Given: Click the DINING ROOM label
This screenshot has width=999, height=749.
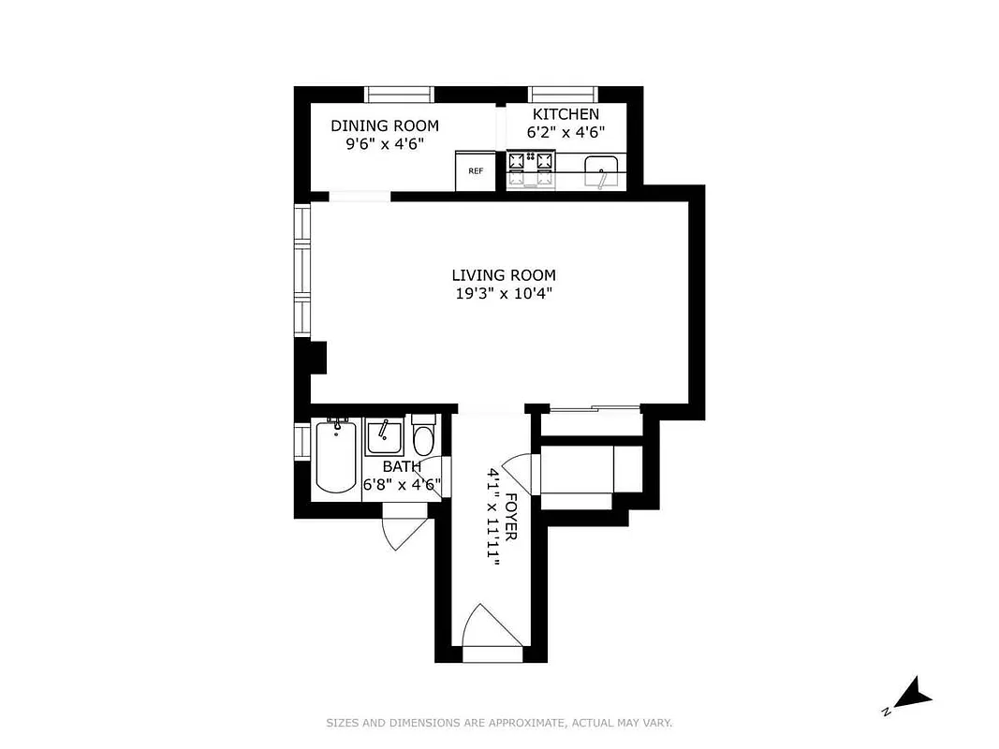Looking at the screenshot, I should (x=384, y=126).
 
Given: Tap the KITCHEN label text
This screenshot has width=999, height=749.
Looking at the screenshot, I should (x=566, y=114).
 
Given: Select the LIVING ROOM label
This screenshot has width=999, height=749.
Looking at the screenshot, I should (x=504, y=275).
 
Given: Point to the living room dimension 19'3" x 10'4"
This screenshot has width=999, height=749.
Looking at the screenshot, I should (x=504, y=293).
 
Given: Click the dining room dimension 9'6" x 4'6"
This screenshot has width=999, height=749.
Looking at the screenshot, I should (x=385, y=144).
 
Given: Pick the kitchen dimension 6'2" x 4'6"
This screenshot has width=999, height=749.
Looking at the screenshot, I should (x=565, y=133).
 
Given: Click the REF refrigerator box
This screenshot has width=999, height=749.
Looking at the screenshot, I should (x=476, y=170).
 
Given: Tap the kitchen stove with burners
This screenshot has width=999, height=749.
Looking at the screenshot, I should (x=531, y=169).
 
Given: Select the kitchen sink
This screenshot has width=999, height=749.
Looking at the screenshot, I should (x=600, y=171).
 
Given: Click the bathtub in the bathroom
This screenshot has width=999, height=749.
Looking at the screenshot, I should (x=335, y=456).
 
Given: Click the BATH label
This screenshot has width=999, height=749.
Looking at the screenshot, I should (x=401, y=466).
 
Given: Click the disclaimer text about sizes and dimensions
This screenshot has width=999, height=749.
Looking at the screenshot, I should (x=499, y=723).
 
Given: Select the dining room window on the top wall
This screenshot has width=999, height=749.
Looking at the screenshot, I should (x=400, y=94).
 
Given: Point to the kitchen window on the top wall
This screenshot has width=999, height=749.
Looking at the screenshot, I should (x=564, y=94).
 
